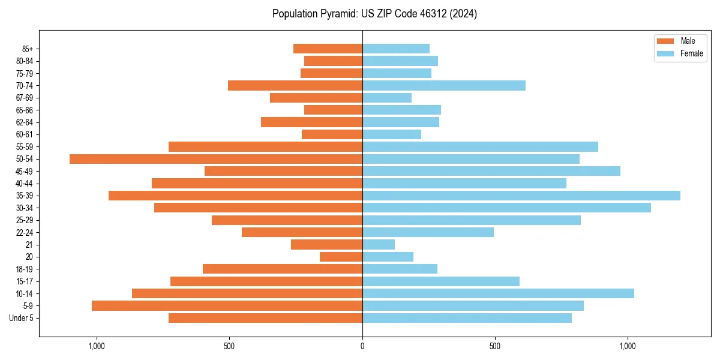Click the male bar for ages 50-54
216,159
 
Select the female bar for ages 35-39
521,196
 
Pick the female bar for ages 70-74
444,86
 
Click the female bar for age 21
379,245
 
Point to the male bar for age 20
341,257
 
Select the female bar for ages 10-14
498,293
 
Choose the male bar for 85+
328,49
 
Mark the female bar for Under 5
467,318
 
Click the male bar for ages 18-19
283,269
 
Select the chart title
374,14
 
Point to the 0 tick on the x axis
362,346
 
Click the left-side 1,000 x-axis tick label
97,346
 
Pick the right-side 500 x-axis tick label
495,346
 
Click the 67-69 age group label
24,98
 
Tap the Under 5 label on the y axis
22,318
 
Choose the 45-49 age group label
24,171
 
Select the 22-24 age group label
24,232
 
